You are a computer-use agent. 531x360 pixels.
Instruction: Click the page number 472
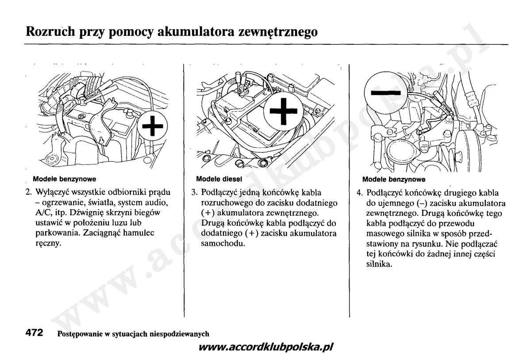point(34,333)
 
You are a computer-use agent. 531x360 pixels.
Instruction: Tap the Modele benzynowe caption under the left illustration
point(64,179)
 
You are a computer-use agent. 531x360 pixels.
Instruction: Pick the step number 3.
point(194,193)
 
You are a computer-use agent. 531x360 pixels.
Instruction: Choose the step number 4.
point(360,193)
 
